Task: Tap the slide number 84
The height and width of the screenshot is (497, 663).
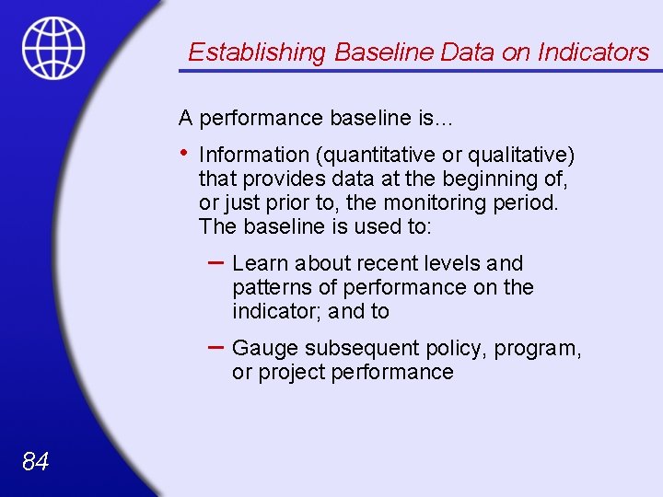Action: click(x=35, y=461)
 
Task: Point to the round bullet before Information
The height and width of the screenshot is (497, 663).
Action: click(x=185, y=153)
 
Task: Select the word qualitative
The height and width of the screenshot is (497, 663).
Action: click(x=522, y=155)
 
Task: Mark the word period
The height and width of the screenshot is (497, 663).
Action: click(x=526, y=202)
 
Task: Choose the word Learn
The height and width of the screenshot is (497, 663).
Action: click(x=261, y=264)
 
